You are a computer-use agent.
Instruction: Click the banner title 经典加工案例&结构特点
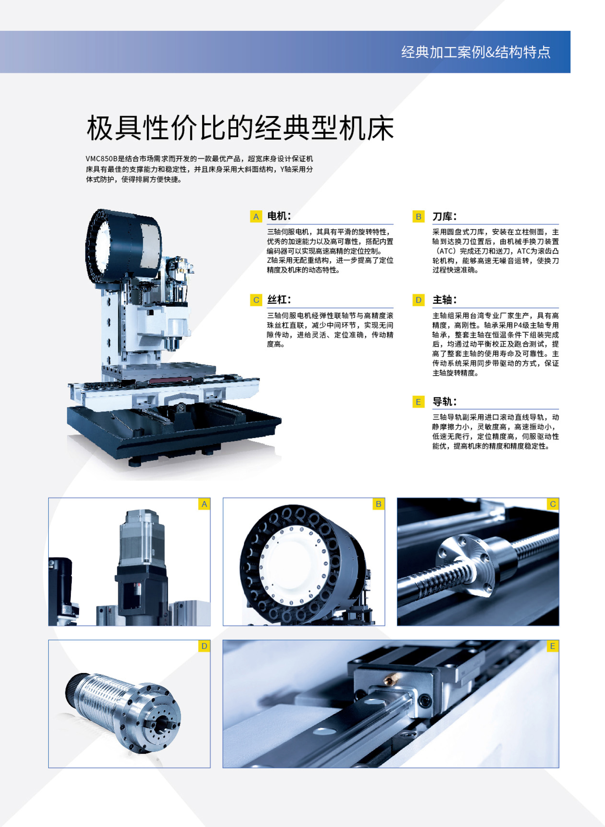[476, 52]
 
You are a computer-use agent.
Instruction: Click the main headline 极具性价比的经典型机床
[240, 128]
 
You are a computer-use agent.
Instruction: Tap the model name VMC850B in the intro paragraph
[101, 159]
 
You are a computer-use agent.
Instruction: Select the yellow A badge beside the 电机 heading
[256, 216]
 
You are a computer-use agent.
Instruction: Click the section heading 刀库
[444, 216]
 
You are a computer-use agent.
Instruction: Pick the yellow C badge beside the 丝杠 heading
[256, 300]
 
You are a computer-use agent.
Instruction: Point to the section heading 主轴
[444, 300]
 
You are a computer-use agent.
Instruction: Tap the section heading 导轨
[444, 402]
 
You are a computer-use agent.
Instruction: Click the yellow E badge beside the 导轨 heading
[418, 402]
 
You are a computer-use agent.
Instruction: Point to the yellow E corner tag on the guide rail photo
[553, 646]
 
